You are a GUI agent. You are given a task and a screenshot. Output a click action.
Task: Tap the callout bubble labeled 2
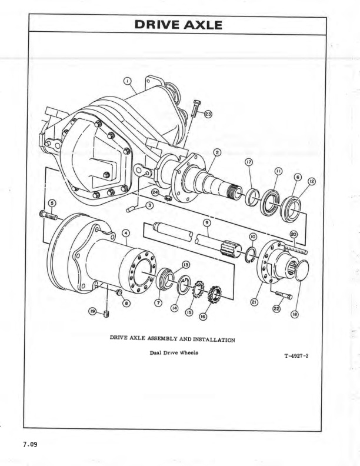217,153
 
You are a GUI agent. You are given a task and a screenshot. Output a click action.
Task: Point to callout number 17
249,165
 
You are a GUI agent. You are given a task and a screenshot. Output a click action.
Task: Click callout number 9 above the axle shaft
206,222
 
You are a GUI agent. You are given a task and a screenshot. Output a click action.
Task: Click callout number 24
155,191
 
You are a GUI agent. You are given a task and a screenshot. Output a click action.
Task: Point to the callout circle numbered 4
125,234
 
